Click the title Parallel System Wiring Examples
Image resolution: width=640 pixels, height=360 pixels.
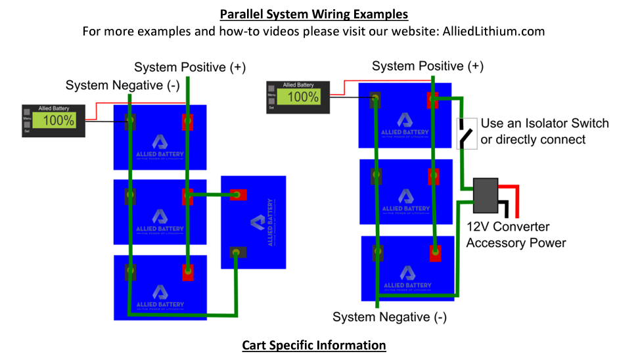(313, 14)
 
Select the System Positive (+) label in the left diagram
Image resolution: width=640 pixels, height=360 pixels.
(190, 67)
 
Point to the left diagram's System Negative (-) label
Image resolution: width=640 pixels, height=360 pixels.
(122, 85)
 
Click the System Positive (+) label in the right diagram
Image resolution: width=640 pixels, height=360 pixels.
(428, 66)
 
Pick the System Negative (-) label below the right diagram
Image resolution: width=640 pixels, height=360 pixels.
(390, 317)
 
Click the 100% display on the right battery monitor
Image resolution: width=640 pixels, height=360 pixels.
(303, 97)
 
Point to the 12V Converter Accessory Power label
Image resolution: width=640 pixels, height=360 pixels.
(516, 235)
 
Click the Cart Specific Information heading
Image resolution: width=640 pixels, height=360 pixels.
(313, 345)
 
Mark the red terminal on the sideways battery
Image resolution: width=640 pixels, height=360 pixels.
(237, 194)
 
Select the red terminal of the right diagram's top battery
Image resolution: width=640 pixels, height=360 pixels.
(433, 100)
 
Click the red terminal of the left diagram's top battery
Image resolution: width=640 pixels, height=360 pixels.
(188, 122)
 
